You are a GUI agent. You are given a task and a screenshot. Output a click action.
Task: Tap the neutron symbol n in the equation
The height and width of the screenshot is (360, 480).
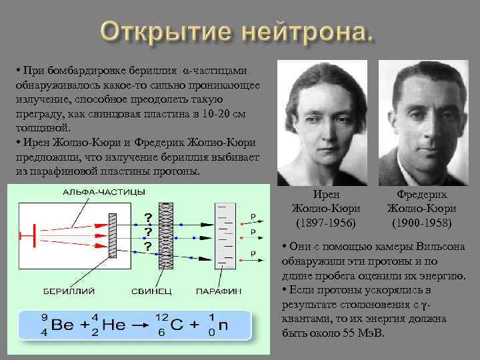[x=225, y=326]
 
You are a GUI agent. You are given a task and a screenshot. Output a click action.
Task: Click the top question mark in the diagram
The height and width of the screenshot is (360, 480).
[x=147, y=217]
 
